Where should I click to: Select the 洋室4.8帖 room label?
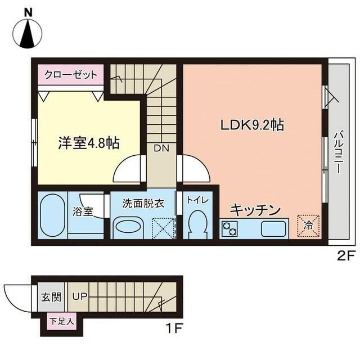click(x=88, y=143)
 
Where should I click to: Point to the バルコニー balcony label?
click(x=339, y=152)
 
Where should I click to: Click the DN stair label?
click(x=162, y=148)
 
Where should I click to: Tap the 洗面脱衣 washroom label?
click(x=144, y=203)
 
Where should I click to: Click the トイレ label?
click(x=197, y=200)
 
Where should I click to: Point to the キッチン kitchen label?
click(x=255, y=210)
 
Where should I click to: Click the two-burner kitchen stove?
click(x=230, y=228)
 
